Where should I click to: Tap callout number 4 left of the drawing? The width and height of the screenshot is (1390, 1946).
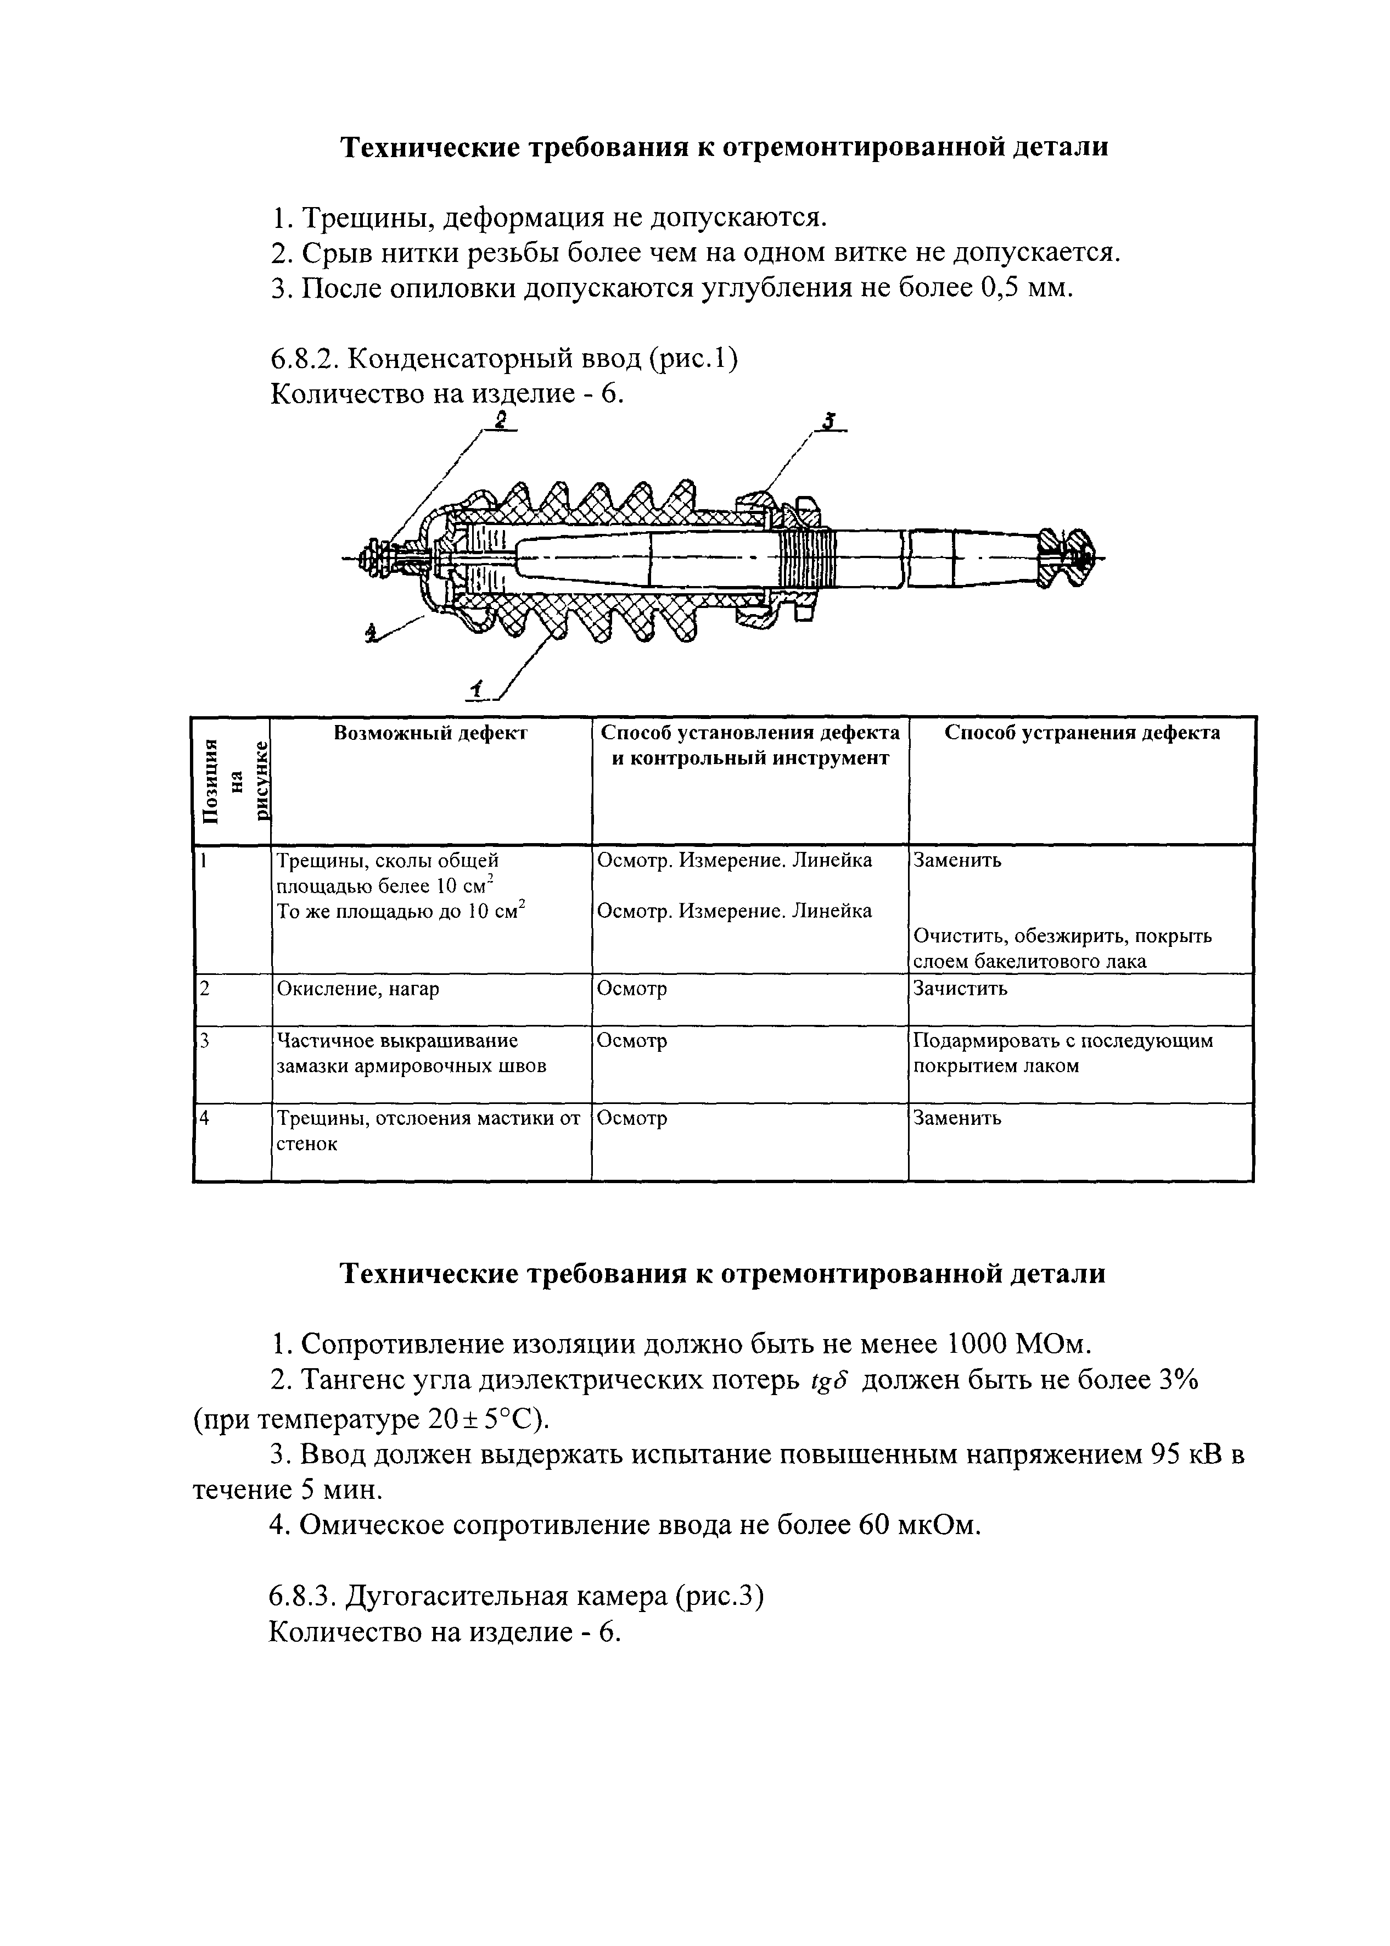point(372,633)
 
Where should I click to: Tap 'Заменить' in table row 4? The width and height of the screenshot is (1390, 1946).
point(957,1118)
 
